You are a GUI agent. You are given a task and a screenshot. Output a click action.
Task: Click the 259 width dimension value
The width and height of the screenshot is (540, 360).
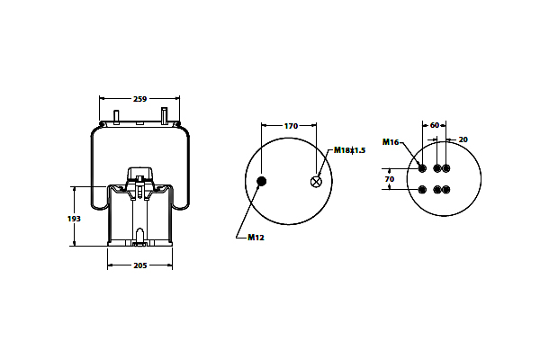point(139,99)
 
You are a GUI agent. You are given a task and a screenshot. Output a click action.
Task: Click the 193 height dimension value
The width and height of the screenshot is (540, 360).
point(74,219)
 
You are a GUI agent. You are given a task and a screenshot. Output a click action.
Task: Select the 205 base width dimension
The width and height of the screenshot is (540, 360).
point(140,265)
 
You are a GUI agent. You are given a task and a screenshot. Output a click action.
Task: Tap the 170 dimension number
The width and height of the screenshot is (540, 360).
point(291,126)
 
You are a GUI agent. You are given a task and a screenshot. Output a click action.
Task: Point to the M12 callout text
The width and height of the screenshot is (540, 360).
point(256,238)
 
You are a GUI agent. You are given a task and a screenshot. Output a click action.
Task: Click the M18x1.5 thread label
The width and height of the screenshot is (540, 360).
point(349,150)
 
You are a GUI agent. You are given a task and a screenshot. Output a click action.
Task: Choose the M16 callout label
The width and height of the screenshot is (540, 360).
point(391,142)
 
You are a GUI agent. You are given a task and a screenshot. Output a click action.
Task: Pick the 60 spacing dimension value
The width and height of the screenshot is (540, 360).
point(435,125)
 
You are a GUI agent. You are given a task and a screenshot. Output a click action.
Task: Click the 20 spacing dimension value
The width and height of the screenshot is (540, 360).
point(463,139)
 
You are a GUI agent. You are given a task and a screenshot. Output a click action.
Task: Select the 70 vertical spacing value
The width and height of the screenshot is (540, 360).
point(390,179)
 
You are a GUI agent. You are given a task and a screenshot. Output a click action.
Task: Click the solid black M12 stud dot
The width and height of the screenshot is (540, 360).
point(262,181)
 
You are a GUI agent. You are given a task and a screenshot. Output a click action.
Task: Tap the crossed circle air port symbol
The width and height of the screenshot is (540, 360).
point(316,182)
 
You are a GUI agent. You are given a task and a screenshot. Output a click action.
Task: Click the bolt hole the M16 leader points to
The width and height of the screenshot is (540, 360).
point(422,168)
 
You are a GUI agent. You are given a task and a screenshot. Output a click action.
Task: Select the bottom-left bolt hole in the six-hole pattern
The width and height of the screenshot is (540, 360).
point(422,190)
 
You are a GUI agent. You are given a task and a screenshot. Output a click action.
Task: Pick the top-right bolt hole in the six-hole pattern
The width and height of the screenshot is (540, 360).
point(446,168)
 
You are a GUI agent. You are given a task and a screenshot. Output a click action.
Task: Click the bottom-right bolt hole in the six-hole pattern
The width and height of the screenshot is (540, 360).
point(446,190)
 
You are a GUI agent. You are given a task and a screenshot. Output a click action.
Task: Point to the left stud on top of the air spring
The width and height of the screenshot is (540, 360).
point(116,117)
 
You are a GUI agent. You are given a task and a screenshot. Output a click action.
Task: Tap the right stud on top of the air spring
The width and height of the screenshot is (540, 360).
point(165,116)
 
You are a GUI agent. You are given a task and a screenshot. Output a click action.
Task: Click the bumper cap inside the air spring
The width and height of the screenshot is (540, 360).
point(139,174)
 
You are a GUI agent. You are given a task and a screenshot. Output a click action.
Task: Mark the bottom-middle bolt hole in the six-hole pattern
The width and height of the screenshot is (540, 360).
point(437,190)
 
